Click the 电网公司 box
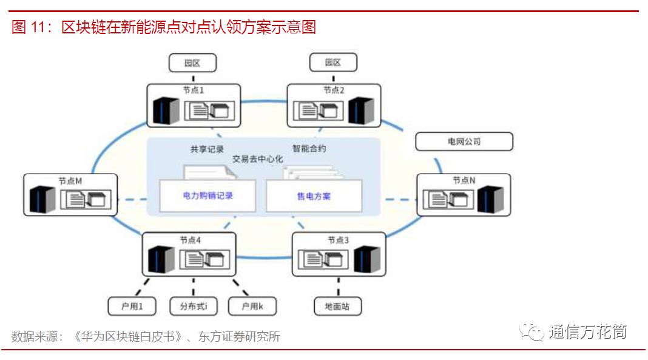click(464, 141)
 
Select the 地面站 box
click(338, 306)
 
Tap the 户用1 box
click(132, 306)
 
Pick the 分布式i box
click(193, 306)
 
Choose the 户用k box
click(252, 306)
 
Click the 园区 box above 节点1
click(192, 63)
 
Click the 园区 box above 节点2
click(333, 63)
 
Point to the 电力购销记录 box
click(208, 196)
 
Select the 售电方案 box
click(314, 196)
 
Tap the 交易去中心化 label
click(257, 159)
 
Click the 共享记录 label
click(207, 149)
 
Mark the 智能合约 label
click(309, 148)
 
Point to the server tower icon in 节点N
click(490, 199)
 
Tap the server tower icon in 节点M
click(42, 199)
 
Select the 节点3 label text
click(338, 240)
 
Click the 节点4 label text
click(190, 240)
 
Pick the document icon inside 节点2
click(307, 110)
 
